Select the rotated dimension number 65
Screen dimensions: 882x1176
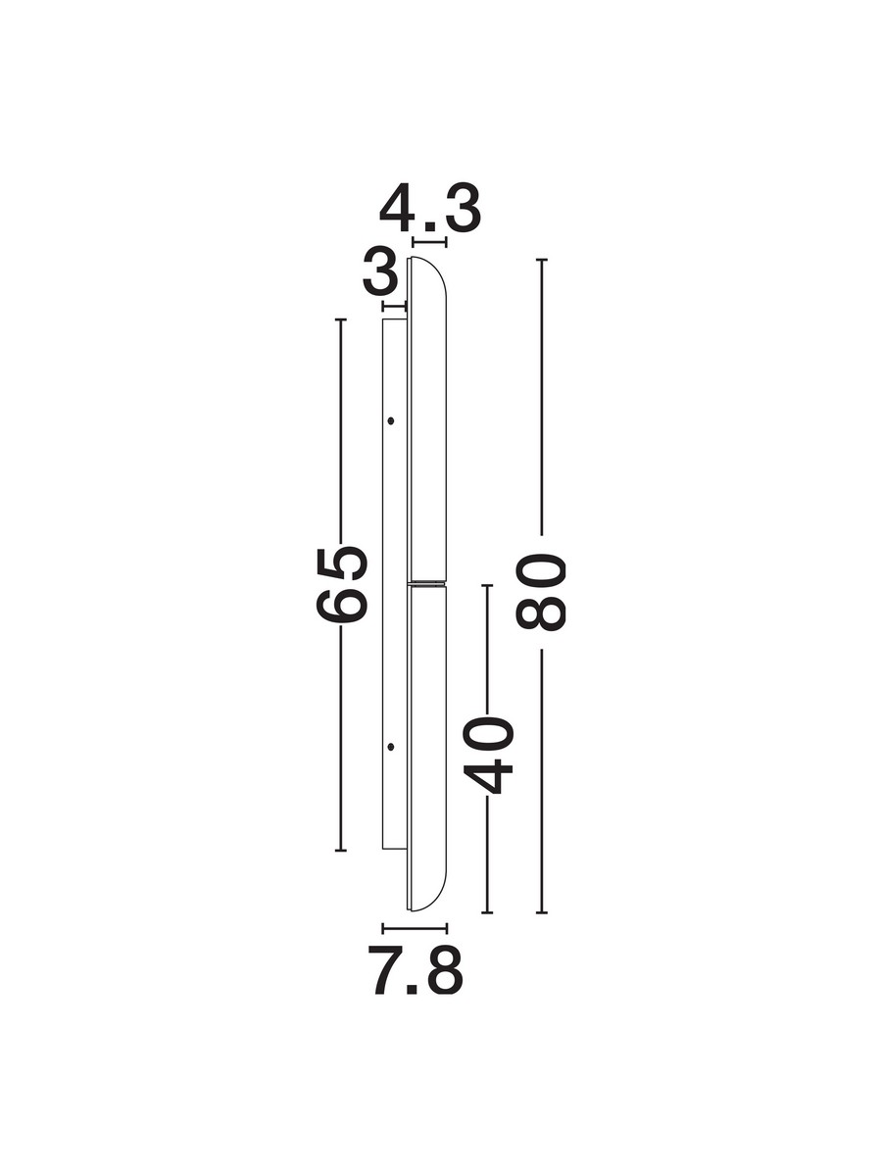click(342, 585)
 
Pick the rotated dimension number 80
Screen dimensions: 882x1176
click(540, 592)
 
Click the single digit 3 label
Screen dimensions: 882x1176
click(380, 278)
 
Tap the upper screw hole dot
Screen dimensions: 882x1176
click(391, 420)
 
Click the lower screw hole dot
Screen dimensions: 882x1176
click(390, 746)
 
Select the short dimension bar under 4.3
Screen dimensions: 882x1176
click(429, 243)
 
